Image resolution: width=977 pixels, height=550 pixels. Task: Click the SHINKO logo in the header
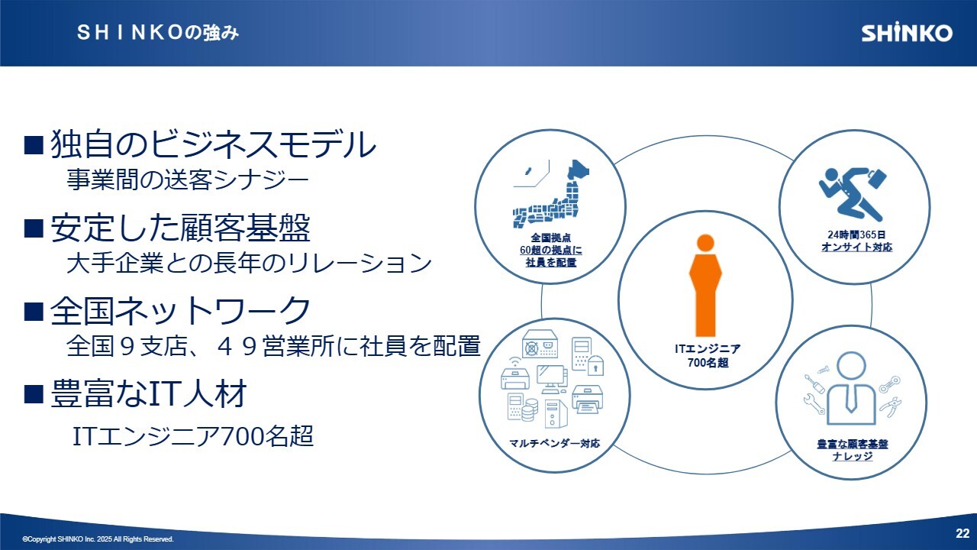[x=907, y=33]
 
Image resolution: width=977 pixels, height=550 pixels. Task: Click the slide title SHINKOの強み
[x=158, y=33]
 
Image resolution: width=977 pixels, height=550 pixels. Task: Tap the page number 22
[x=962, y=533]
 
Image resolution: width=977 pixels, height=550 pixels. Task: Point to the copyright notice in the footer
[x=98, y=539]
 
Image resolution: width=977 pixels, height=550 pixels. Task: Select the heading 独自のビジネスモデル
[x=213, y=144]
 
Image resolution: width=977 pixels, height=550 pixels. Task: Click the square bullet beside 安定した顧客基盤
[x=34, y=228]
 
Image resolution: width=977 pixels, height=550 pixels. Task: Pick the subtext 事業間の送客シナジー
[x=188, y=180]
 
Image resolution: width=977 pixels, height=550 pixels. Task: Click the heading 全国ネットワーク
[x=180, y=310]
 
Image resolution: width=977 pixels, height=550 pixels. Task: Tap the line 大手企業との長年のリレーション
[x=249, y=263]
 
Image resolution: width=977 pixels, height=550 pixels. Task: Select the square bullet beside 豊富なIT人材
[x=34, y=393]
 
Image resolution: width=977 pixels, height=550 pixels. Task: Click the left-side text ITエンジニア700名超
[x=193, y=436]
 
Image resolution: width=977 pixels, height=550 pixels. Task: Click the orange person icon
[x=705, y=285]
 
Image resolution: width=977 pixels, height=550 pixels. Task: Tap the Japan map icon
[x=551, y=193]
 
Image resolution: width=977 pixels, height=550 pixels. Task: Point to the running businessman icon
[x=853, y=194]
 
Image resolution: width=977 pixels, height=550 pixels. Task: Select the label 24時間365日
[x=856, y=235]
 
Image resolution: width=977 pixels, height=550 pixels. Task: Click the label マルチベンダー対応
[x=554, y=444]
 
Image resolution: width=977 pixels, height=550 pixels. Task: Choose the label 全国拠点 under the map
[x=551, y=238]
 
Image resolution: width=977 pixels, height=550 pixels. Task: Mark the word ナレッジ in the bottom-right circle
[x=853, y=456]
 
